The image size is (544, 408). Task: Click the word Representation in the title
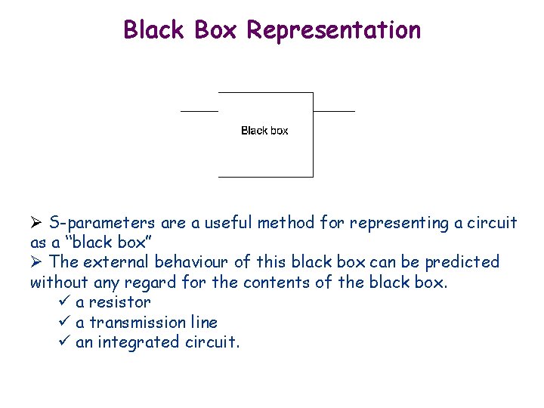333,30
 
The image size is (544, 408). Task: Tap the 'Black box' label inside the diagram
264,131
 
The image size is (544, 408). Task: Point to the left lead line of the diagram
199,111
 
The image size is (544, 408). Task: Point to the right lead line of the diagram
333,111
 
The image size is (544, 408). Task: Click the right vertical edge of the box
313,144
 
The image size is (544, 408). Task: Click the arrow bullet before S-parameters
36,223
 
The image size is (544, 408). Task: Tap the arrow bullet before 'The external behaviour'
36,262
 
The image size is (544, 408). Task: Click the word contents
298,283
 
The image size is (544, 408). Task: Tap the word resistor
119,302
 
